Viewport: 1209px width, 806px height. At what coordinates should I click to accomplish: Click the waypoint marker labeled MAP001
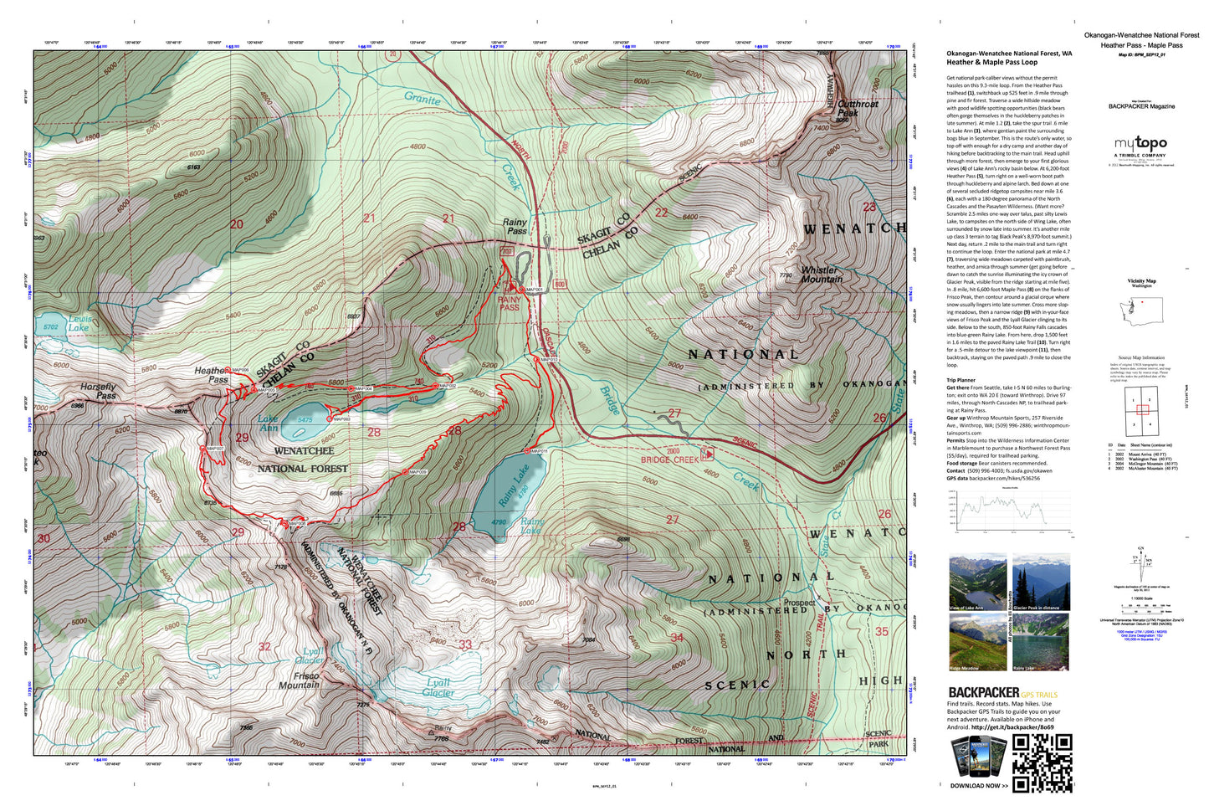521,290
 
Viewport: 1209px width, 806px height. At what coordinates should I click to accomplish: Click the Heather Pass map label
212,375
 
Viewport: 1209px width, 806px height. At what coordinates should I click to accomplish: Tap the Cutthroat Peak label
858,108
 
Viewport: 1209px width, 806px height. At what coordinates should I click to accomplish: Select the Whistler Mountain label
822,275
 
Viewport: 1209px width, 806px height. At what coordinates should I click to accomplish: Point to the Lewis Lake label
79,324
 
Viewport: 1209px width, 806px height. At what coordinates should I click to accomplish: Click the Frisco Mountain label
299,680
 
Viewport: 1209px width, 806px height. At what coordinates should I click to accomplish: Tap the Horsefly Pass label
98,391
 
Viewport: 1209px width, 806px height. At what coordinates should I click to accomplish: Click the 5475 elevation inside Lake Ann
305,421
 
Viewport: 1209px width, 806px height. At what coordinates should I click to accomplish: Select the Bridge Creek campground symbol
708,454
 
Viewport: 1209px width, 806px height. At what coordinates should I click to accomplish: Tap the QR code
1043,762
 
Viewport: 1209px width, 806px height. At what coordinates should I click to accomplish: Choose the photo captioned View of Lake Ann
977,583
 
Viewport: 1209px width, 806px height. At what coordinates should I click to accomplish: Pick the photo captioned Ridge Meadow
977,642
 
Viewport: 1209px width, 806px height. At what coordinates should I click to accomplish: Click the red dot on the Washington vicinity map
1142,301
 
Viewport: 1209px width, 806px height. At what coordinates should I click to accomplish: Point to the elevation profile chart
1000,509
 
